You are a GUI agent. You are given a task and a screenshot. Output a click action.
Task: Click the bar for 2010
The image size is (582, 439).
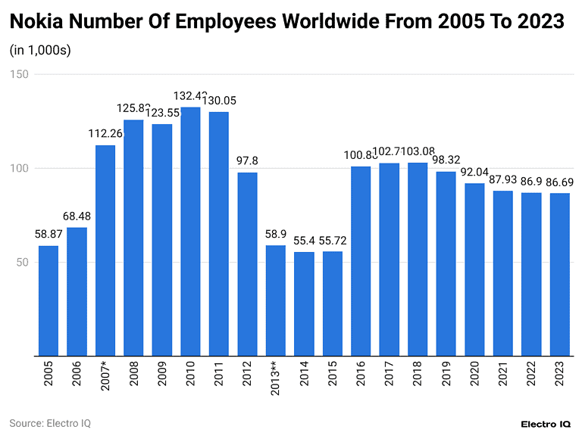pos(190,232)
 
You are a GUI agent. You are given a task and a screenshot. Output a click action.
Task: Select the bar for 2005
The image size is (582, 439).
pos(48,300)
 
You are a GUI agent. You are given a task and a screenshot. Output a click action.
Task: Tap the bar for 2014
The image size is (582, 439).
pos(304,304)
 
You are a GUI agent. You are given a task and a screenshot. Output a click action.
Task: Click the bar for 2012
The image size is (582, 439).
pos(247,264)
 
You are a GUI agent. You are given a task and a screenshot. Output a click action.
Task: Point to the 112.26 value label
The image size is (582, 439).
pos(105,134)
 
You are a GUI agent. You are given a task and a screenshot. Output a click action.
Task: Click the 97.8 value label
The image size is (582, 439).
pos(247,161)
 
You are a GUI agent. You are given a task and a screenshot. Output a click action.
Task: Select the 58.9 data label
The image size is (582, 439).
pos(275,234)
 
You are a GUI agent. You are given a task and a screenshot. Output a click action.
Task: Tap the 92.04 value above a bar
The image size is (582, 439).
pos(474,172)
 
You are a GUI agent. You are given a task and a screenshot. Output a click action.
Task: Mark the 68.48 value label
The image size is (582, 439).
pos(77,216)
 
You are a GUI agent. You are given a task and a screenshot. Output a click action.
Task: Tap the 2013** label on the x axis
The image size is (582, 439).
pos(276,383)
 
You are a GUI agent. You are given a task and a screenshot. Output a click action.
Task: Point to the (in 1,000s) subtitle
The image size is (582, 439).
pos(40,51)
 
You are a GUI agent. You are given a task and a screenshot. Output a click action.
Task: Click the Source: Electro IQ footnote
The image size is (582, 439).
pos(50,423)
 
